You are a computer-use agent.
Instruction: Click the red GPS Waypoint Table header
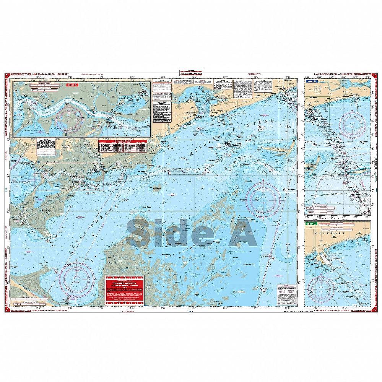(124, 141)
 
